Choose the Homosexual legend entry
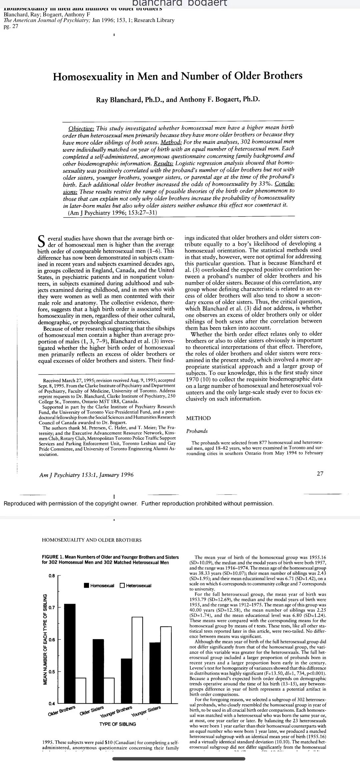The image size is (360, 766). point(99,585)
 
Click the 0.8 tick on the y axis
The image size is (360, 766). point(51,575)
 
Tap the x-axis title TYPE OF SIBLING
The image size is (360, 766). point(118,724)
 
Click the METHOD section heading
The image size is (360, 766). point(198,418)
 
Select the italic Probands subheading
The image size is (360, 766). point(197,431)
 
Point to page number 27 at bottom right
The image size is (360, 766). point(320,473)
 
